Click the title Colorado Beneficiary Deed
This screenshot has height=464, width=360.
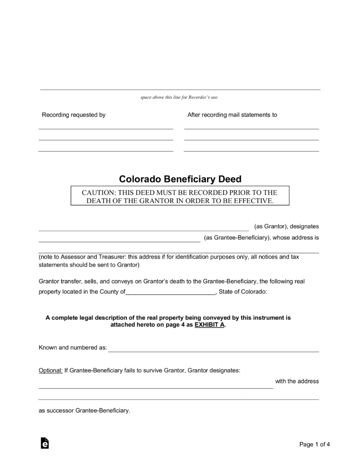180,179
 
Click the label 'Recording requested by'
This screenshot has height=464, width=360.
74,115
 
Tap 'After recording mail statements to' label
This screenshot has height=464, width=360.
232,115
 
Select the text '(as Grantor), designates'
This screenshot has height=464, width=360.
286,226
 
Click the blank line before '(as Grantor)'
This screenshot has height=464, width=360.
143,228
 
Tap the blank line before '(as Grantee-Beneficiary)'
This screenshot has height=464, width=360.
119,240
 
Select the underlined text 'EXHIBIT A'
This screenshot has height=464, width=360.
210,324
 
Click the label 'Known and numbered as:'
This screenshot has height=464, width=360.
73,348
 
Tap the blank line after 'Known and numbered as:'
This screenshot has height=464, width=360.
213,351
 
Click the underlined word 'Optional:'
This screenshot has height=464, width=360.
51,370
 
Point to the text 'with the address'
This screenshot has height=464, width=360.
297,381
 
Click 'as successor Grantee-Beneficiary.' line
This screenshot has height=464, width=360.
85,411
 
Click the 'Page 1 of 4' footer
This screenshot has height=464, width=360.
315,444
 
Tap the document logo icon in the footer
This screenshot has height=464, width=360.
45,443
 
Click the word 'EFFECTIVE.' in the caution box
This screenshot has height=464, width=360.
254,201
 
